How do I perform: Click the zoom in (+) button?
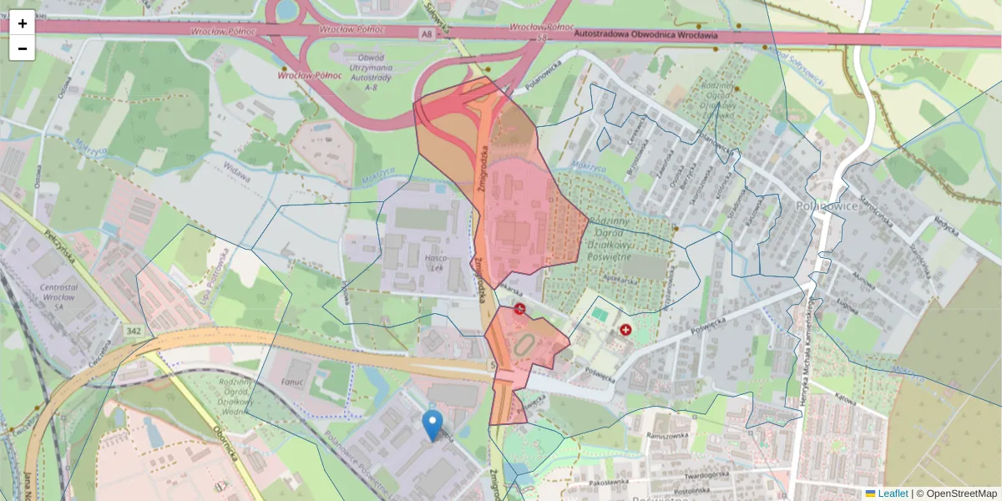pos(22,23)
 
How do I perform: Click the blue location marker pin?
pos(432,424)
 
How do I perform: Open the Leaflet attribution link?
pos(892,493)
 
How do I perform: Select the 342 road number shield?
pos(134,332)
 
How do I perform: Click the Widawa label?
pos(237,169)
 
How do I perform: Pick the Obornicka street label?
pos(227,452)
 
